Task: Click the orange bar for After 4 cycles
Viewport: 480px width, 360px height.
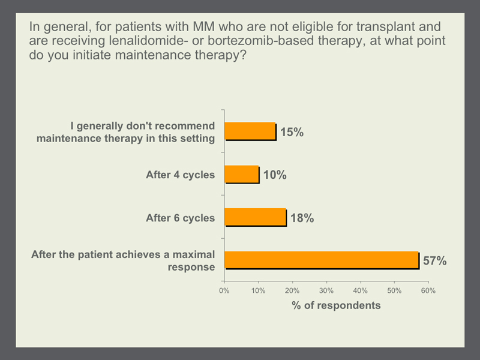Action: [x=242, y=175]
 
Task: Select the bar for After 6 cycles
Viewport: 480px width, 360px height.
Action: [x=256, y=218]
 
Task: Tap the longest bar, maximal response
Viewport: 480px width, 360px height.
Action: [x=322, y=260]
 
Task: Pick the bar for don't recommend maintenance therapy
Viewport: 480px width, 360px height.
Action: [x=250, y=131]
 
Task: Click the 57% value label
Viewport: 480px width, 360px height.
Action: [x=434, y=261]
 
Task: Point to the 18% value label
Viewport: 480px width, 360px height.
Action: [x=302, y=218]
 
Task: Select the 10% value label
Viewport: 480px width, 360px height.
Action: [x=275, y=175]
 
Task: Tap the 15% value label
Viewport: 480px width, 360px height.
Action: [x=292, y=132]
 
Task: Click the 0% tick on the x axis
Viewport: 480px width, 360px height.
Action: [x=224, y=291]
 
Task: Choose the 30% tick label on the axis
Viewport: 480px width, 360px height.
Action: [x=326, y=291]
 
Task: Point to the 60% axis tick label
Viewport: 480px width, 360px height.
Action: [x=428, y=291]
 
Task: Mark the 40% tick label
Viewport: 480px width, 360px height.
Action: [x=361, y=291]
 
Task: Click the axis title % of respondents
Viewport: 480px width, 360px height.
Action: [x=336, y=305]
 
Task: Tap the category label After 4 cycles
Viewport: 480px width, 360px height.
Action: [x=181, y=175]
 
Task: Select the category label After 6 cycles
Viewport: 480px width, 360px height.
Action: [x=181, y=218]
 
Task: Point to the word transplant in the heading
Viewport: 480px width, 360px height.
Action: [x=386, y=27]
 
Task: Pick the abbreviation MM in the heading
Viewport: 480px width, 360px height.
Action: [x=203, y=26]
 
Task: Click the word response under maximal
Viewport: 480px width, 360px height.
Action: [x=191, y=267]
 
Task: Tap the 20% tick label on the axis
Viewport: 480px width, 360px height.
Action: [x=292, y=291]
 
